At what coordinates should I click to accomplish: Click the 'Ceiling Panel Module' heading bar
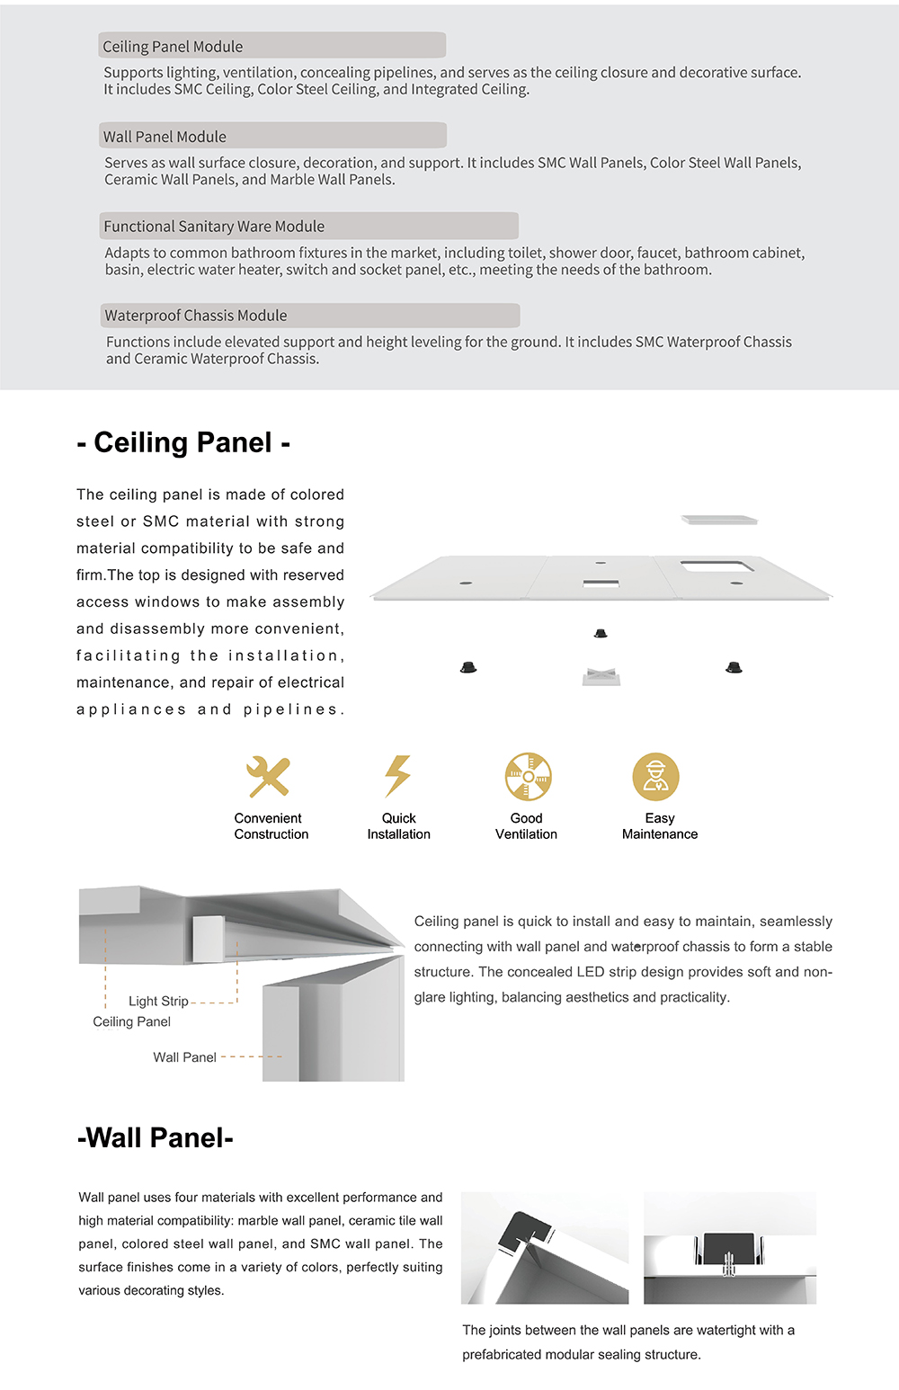click(271, 46)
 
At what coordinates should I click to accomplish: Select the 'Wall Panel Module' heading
click(272, 136)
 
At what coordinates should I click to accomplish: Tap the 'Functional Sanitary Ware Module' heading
click(308, 226)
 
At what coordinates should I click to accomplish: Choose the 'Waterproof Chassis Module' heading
click(309, 316)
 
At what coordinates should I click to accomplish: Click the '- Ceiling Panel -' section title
click(183, 442)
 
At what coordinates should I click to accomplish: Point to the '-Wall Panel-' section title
click(156, 1137)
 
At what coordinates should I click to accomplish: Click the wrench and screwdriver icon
click(269, 776)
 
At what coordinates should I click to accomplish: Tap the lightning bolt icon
click(397, 776)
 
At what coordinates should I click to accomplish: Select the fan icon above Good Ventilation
click(528, 776)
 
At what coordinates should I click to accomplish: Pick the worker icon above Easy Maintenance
click(656, 776)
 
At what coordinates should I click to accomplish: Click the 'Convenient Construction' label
click(271, 826)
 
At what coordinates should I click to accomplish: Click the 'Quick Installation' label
click(398, 826)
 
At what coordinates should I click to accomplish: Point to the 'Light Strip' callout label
click(158, 1001)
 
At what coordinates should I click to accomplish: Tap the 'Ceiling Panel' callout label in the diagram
click(132, 1021)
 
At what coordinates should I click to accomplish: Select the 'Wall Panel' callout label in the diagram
click(184, 1057)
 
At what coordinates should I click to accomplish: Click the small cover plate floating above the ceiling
click(719, 520)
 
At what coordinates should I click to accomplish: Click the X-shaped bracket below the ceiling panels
click(601, 676)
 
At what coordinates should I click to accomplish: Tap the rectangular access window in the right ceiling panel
click(717, 566)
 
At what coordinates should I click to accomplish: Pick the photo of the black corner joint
click(545, 1247)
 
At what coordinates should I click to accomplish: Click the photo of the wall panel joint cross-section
click(730, 1247)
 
